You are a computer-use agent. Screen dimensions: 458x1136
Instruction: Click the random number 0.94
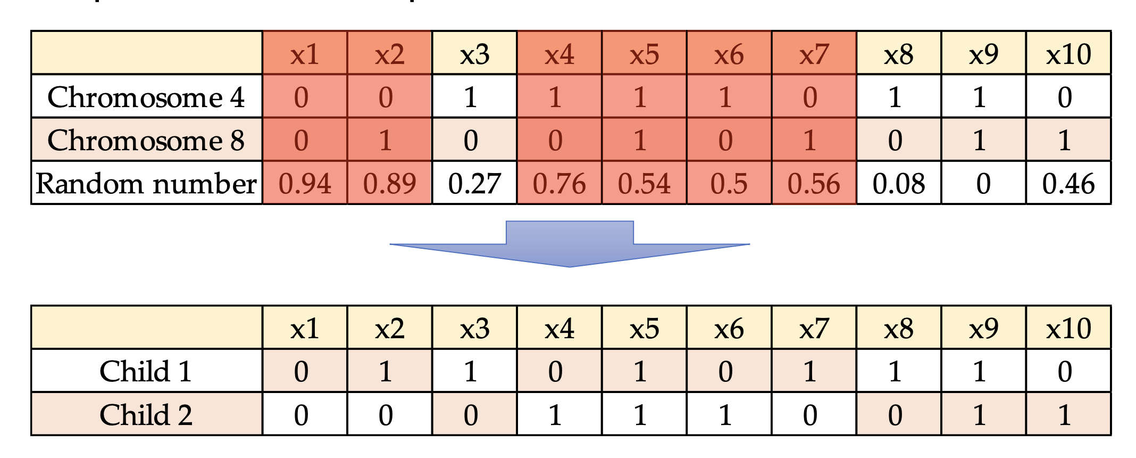coord(305,184)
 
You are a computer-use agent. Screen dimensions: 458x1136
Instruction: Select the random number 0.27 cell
coord(474,184)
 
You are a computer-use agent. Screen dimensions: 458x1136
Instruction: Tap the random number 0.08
coord(898,184)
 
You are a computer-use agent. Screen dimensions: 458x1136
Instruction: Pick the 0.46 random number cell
coord(1068,184)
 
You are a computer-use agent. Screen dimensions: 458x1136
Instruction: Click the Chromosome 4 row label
coord(146,97)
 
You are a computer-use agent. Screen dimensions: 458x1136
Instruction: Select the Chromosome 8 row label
coord(146,140)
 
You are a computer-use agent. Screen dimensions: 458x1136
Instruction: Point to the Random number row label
coord(146,184)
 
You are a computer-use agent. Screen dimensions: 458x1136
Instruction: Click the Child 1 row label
coord(146,371)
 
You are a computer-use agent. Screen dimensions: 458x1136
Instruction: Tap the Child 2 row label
coord(146,415)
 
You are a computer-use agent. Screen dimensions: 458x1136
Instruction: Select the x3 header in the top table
coord(474,54)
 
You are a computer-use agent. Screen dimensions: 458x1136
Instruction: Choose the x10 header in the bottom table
coord(1068,328)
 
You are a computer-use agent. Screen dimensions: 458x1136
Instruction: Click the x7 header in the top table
coord(814,54)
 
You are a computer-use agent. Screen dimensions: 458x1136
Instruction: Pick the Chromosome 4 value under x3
coord(471,97)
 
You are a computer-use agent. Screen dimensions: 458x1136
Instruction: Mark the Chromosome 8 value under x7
coord(810,140)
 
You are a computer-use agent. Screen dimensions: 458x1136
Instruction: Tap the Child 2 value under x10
coord(1064,415)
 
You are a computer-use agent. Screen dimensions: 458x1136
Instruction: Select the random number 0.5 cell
coord(729,184)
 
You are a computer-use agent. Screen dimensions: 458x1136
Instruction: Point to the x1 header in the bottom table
coord(305,328)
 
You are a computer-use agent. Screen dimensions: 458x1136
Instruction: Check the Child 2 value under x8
coord(895,415)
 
